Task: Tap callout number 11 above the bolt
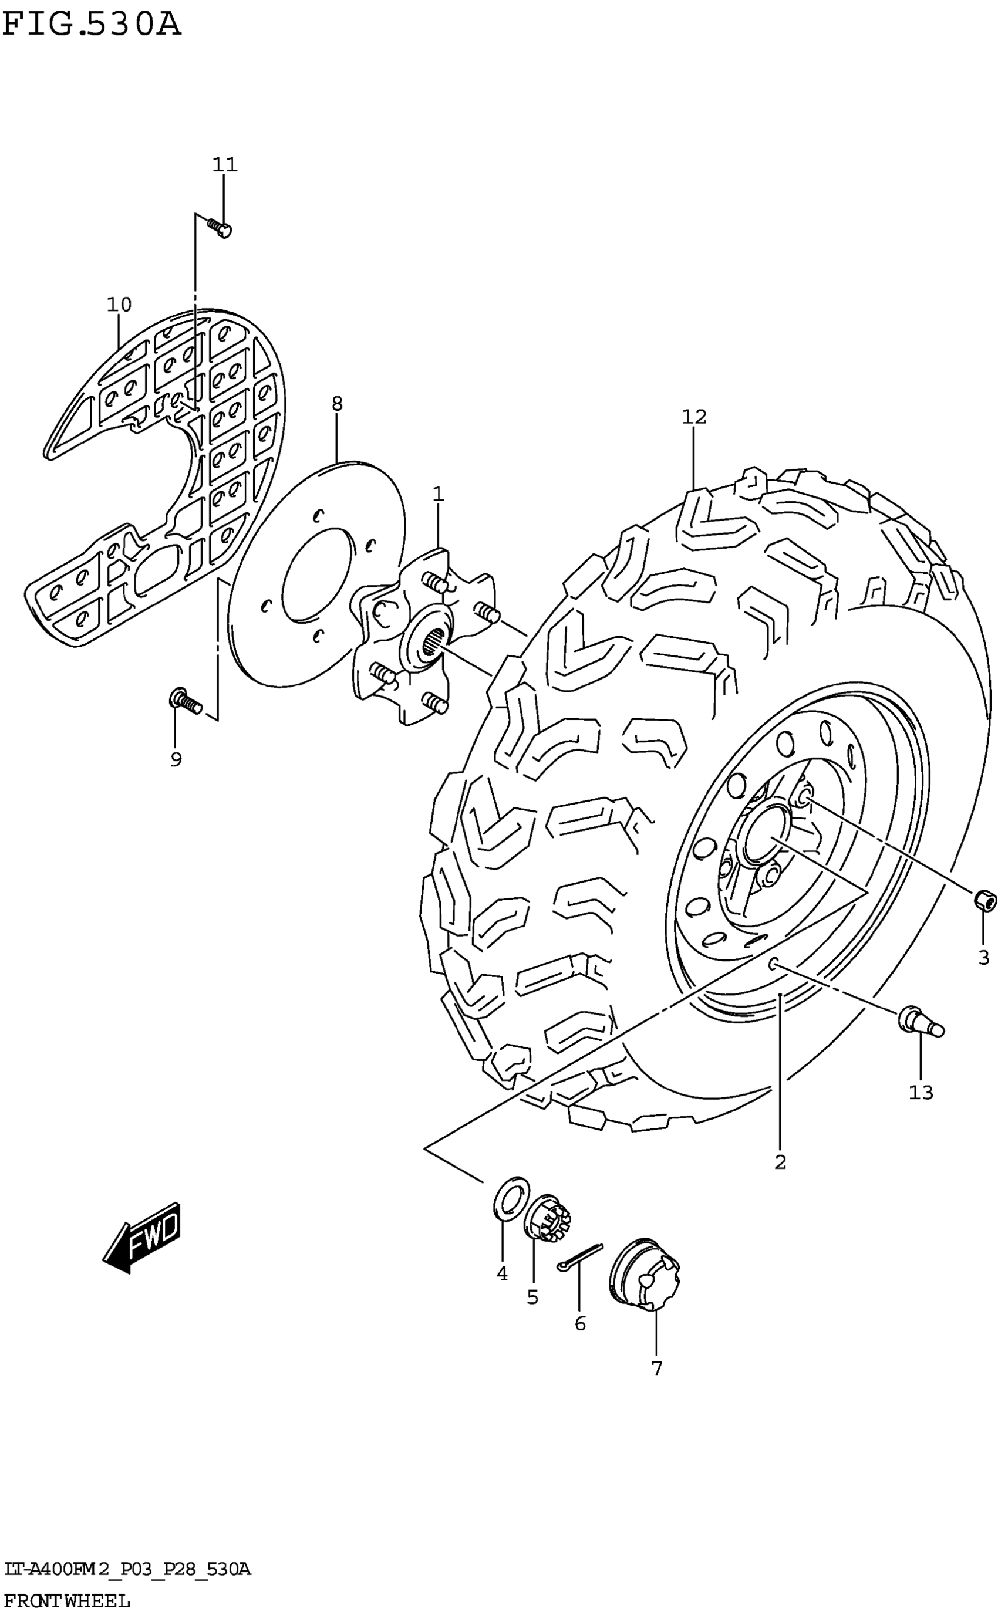[x=224, y=164]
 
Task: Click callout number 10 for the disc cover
[x=120, y=305]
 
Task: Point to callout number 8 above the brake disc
[x=338, y=404]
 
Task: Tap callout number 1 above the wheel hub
[x=439, y=494]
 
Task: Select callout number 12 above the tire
[x=694, y=417]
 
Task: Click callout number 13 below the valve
[x=922, y=1093]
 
